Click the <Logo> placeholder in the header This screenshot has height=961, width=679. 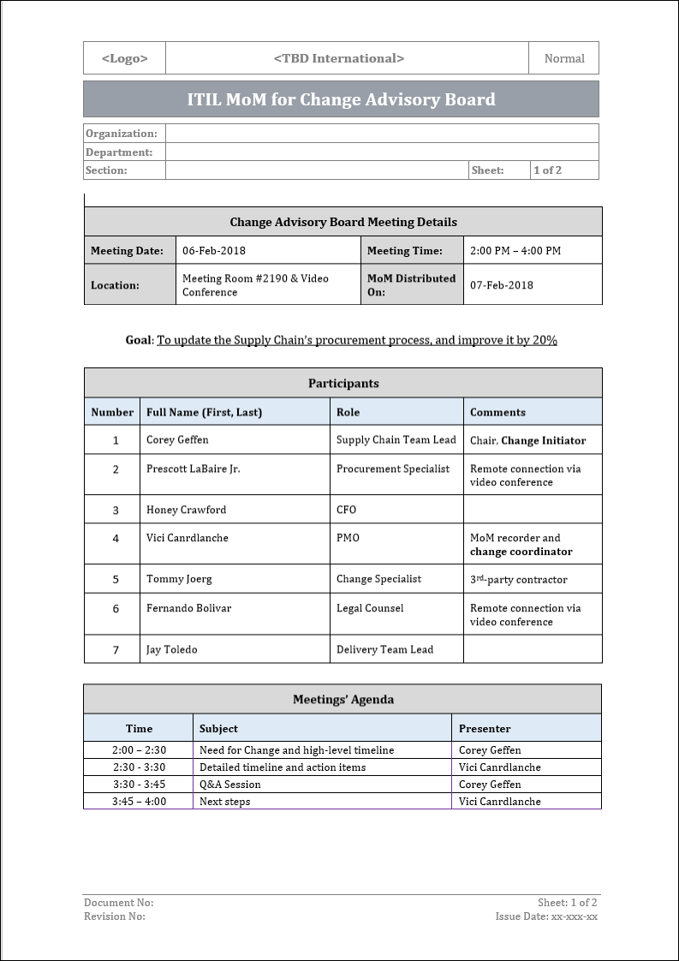[x=124, y=58]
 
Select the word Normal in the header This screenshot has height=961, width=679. [x=564, y=58]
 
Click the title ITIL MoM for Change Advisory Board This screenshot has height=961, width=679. [x=341, y=99]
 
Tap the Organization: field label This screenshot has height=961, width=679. [x=122, y=134]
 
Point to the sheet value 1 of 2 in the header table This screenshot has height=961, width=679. [x=547, y=170]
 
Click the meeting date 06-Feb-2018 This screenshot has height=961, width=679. [x=214, y=251]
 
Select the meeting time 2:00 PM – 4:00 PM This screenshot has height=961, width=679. [x=515, y=251]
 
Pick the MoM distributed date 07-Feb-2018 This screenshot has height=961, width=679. [x=502, y=285]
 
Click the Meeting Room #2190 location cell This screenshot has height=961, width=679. [x=255, y=285]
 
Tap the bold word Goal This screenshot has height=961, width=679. [x=138, y=340]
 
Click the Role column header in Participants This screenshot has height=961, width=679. [x=348, y=412]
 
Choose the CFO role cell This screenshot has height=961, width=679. [x=346, y=510]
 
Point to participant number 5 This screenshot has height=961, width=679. [x=116, y=580]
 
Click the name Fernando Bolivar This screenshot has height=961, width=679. [x=188, y=608]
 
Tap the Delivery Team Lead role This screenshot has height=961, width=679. [x=384, y=649]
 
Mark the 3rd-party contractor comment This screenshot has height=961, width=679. [x=518, y=579]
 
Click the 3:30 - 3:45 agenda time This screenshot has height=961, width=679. [x=139, y=785]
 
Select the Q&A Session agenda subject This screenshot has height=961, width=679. [x=229, y=785]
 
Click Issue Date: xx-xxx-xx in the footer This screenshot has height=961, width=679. [x=546, y=916]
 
